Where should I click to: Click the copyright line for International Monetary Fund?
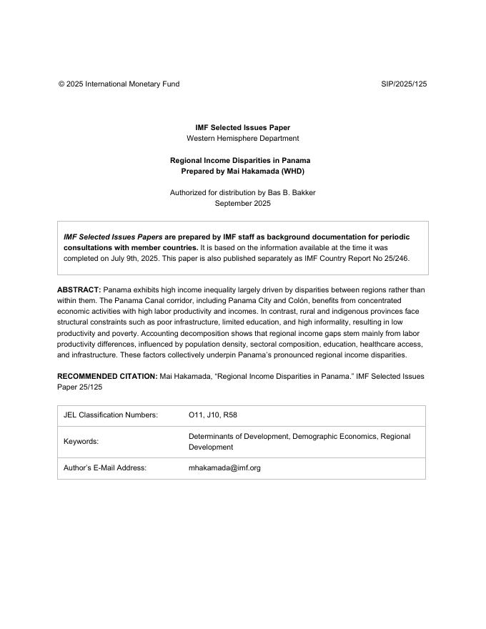coord(119,84)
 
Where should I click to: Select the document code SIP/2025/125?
coord(404,84)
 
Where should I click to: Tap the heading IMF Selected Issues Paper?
coord(242,127)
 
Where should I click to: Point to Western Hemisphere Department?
coord(242,138)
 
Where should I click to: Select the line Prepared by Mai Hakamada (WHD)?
coord(242,172)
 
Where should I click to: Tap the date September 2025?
coord(242,203)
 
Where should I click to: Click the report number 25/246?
coord(394,258)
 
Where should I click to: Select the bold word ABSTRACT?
coord(79,290)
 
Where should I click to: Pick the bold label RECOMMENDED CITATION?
coord(107,376)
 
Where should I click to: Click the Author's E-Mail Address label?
coord(105,468)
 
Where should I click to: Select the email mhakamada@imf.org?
coord(224,468)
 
